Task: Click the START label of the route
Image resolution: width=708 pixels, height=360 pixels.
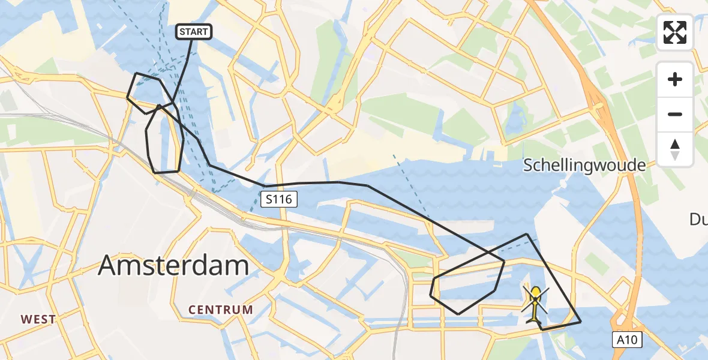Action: click(x=193, y=32)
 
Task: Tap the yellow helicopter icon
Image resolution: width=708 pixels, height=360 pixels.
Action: click(x=535, y=304)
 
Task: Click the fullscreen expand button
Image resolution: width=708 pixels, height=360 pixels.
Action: click(x=675, y=32)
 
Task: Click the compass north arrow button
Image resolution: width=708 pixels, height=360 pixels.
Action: click(x=675, y=149)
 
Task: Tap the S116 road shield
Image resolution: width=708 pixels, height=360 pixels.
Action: click(x=280, y=199)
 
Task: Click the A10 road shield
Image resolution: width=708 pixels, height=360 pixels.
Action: click(x=628, y=340)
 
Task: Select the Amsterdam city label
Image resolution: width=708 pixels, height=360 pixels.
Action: click(x=173, y=265)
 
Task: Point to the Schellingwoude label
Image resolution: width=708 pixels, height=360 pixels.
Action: click(x=584, y=166)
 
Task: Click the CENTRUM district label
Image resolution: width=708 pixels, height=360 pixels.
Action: click(x=221, y=310)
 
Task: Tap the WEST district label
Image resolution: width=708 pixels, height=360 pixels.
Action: click(x=39, y=319)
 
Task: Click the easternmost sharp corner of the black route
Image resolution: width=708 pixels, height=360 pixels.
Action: click(x=581, y=322)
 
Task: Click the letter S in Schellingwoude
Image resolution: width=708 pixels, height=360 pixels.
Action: click(x=529, y=166)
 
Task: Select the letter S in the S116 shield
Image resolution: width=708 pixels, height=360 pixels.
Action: click(x=269, y=199)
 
